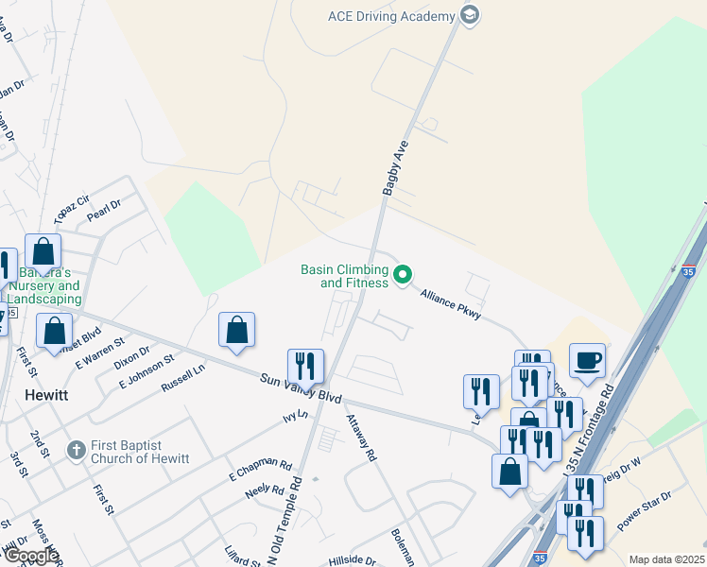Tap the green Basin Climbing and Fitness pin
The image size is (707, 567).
[x=404, y=275]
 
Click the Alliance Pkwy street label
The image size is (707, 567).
[x=452, y=303]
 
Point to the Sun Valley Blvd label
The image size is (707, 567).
[x=301, y=388]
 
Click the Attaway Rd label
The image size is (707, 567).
[x=361, y=438]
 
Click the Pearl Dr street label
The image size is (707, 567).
[x=104, y=210]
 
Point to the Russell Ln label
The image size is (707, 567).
[x=182, y=378]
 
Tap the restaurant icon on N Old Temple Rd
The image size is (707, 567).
[x=305, y=365]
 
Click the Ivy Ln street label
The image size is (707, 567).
[x=295, y=415]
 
